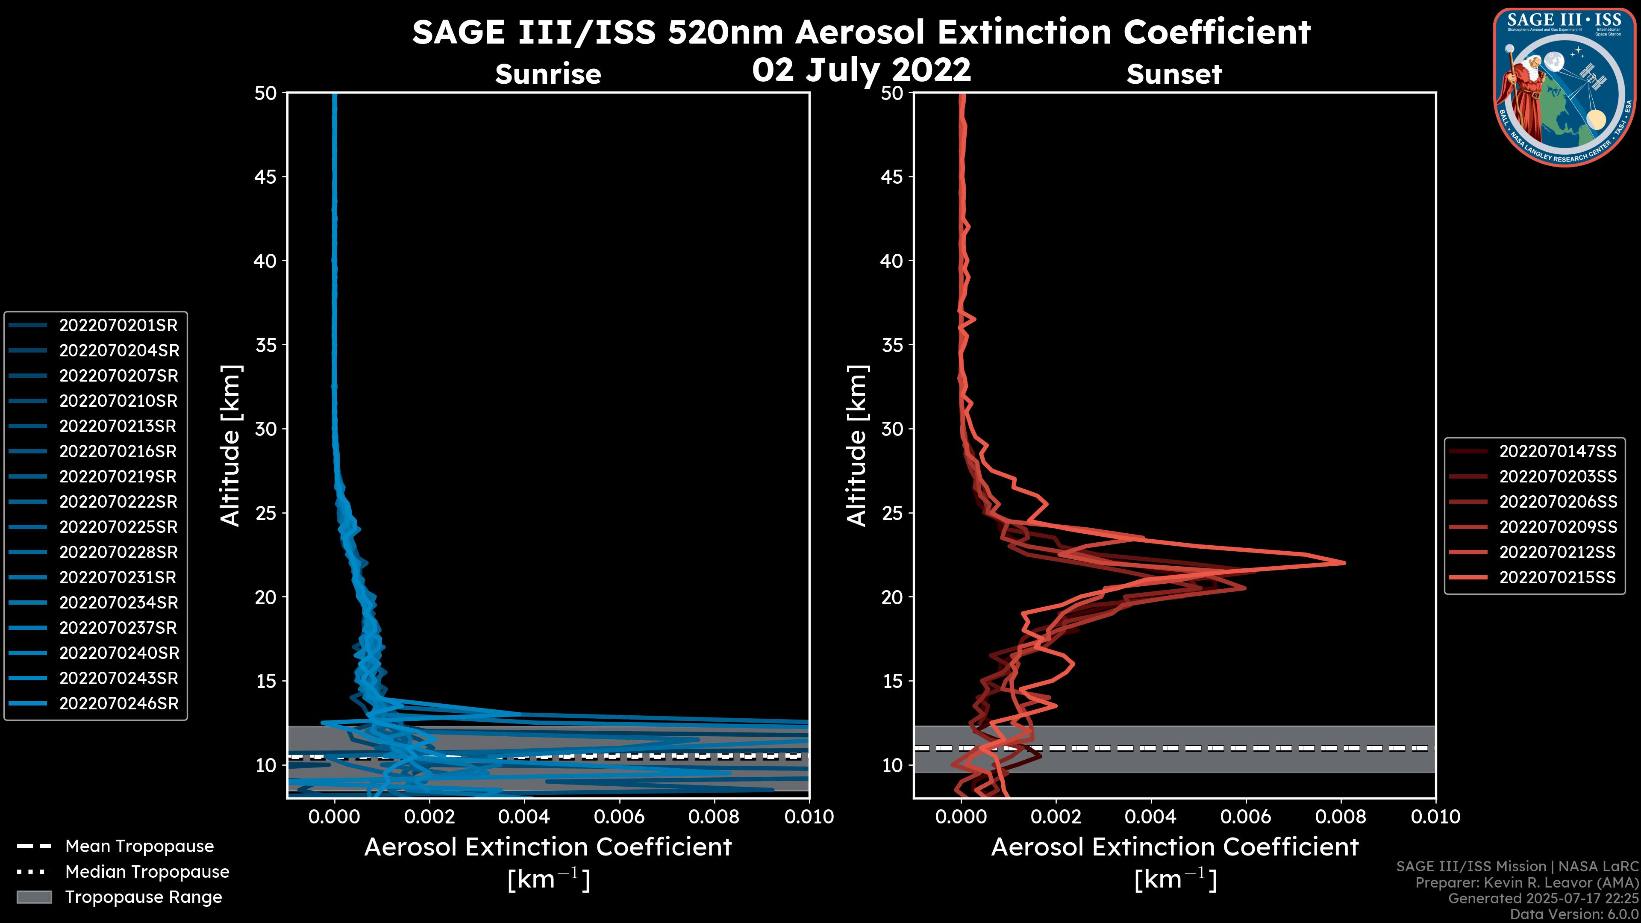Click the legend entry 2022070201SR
click(118, 326)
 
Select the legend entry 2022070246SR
click(118, 704)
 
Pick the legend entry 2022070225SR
click(118, 527)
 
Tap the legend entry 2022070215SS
click(1557, 578)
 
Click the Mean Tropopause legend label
click(139, 847)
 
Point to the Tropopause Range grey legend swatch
click(34, 897)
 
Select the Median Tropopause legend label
click(147, 872)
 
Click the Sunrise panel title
click(548, 74)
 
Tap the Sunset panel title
click(1174, 74)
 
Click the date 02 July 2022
click(861, 69)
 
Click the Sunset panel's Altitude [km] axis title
click(857, 446)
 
